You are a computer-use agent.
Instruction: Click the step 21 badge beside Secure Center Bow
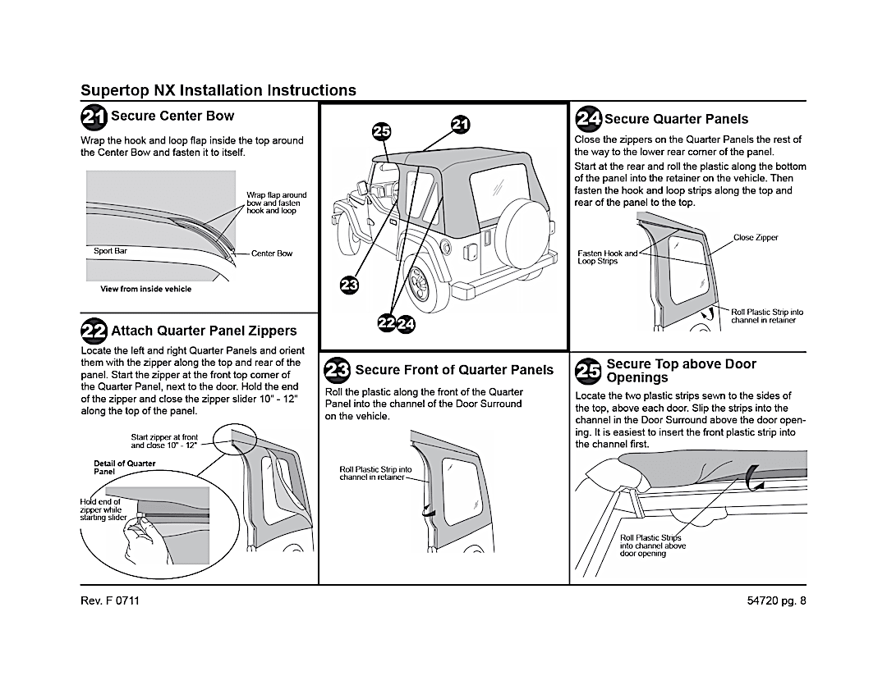(x=94, y=117)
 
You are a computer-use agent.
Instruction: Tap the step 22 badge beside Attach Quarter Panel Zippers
(x=94, y=331)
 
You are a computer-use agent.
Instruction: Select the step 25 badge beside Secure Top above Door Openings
(x=588, y=371)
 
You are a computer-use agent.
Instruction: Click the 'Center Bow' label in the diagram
(x=272, y=253)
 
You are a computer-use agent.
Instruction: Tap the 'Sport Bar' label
(x=110, y=251)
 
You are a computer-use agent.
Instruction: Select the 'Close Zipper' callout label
(x=756, y=238)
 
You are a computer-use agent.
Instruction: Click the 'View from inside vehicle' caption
(x=146, y=289)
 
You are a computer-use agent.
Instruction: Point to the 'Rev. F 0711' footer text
(x=110, y=601)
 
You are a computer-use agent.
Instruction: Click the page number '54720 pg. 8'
(x=772, y=601)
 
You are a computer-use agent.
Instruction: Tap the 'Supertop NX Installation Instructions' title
(x=218, y=90)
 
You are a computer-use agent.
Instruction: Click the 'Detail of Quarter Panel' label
(x=124, y=468)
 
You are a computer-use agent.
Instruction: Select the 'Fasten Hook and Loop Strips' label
(x=608, y=258)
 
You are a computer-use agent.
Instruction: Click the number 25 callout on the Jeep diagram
(x=382, y=132)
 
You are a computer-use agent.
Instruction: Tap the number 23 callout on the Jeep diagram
(x=349, y=285)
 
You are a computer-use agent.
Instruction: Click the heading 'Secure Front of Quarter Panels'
(x=454, y=370)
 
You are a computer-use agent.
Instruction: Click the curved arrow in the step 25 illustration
(x=754, y=477)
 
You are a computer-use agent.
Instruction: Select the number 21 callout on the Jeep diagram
(x=460, y=125)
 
